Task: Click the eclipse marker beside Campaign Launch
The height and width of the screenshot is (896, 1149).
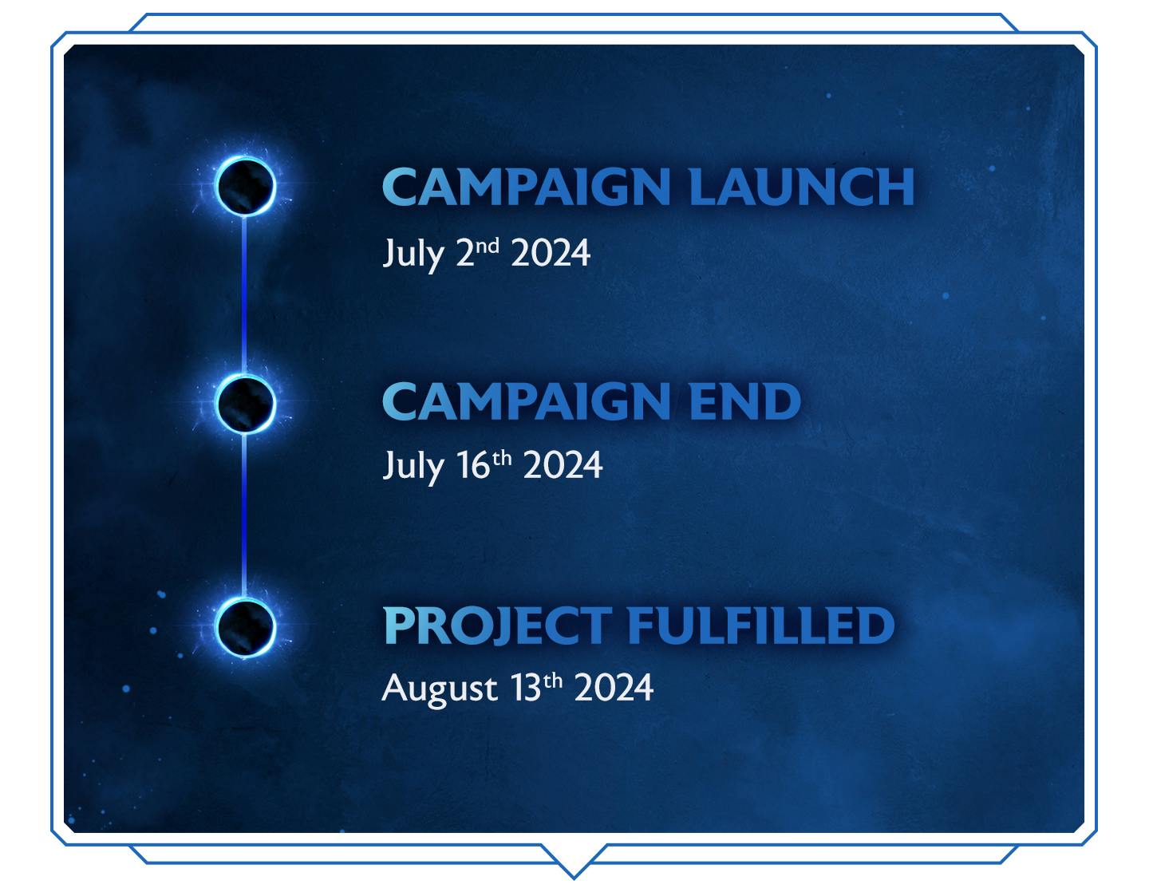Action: pyautogui.click(x=245, y=186)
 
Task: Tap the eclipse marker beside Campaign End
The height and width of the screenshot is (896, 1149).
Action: pyautogui.click(x=245, y=404)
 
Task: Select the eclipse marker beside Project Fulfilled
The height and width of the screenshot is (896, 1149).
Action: pyautogui.click(x=245, y=627)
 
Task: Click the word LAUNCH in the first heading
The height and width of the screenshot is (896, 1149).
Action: pyautogui.click(x=802, y=187)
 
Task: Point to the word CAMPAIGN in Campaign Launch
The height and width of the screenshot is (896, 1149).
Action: pyautogui.click(x=527, y=187)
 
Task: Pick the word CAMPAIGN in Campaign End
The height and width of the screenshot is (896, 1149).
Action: pyautogui.click(x=527, y=401)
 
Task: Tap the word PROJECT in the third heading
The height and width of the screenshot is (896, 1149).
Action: pyautogui.click(x=498, y=626)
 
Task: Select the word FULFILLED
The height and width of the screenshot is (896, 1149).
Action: pyautogui.click(x=761, y=626)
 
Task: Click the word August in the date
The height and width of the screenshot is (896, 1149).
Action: pyautogui.click(x=440, y=690)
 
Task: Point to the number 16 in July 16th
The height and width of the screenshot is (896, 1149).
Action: pyautogui.click(x=473, y=466)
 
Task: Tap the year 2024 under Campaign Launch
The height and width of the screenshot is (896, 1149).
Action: pyautogui.click(x=551, y=253)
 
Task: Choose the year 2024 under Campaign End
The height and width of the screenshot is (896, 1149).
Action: pyautogui.click(x=563, y=466)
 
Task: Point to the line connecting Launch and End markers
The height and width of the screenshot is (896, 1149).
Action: pyautogui.click(x=244, y=295)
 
